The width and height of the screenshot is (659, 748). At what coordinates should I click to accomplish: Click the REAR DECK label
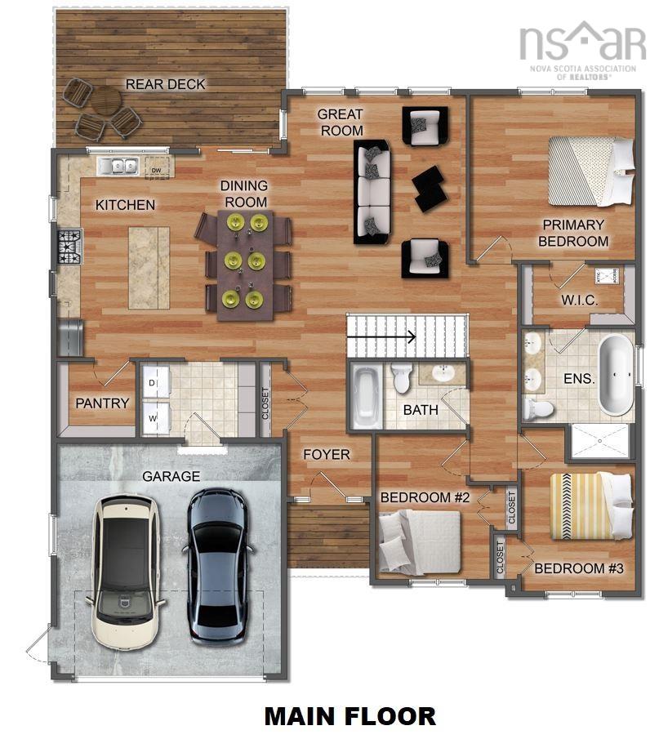[x=165, y=84]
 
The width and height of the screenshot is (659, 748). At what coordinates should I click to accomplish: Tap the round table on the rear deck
[x=105, y=100]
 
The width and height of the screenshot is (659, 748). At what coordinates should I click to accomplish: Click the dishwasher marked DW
[x=156, y=170]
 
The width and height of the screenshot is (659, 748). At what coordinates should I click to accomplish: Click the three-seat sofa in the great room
[x=372, y=192]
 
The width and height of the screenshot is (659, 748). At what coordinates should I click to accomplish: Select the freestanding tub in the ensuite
[x=615, y=376]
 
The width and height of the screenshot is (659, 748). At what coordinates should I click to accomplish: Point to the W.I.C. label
[x=579, y=301]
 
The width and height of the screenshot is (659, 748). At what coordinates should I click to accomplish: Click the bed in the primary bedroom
[x=591, y=171]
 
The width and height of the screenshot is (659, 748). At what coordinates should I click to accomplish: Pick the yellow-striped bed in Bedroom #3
[x=590, y=505]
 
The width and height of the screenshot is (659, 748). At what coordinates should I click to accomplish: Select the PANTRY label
[x=102, y=403]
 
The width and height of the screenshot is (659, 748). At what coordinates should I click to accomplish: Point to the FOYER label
[x=326, y=454]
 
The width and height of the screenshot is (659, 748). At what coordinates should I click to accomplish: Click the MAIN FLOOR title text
[x=350, y=716]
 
